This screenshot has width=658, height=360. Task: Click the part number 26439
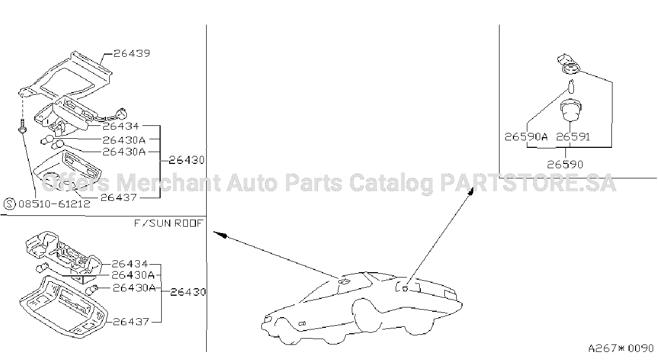pos(132,53)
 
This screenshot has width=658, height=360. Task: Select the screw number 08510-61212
pos(55,204)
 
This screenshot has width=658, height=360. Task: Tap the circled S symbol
pos(10,204)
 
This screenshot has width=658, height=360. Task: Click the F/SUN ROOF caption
pos(169,223)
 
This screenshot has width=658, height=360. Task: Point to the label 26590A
pos(526,137)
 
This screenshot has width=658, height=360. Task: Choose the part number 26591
pos(573,137)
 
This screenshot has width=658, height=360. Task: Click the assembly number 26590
pos(565,164)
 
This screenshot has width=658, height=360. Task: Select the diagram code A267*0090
pos(621,348)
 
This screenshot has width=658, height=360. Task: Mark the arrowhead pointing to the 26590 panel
pos(471,191)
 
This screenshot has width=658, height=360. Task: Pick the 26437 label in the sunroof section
pos(131,322)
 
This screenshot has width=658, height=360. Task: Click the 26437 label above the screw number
pos(119,198)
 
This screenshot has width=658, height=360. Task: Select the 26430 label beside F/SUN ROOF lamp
pos(188,292)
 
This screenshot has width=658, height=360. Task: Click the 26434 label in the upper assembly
pos(120,126)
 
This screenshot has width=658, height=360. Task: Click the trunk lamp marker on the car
pos(405,289)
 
